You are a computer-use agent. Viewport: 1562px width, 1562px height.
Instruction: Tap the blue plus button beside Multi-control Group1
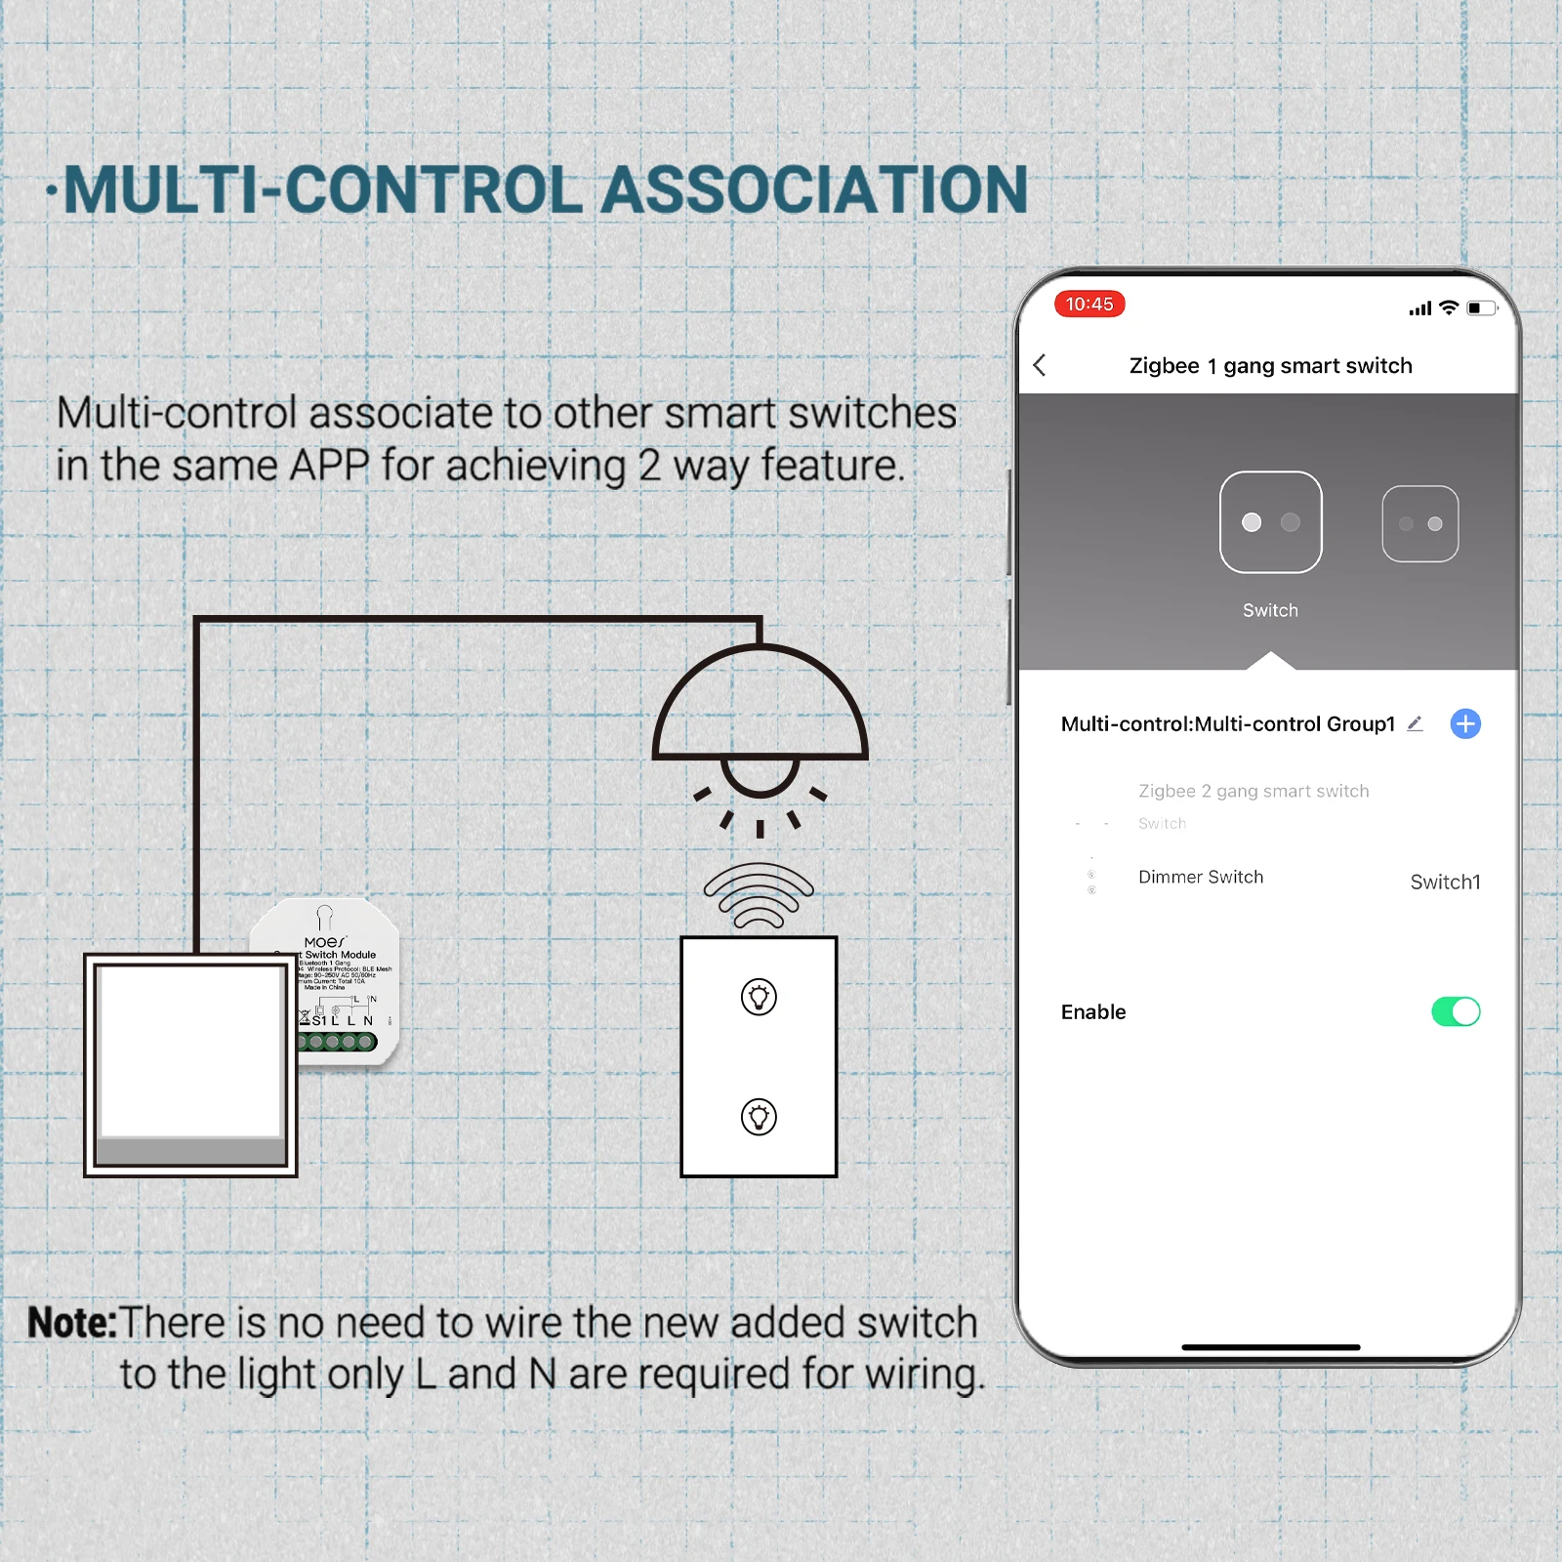[x=1464, y=723]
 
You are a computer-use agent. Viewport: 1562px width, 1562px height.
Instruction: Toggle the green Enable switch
[x=1456, y=1011]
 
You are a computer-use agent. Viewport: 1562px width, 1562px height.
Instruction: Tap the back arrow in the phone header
[x=1040, y=365]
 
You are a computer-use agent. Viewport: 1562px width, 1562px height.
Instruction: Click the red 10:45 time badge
[x=1089, y=304]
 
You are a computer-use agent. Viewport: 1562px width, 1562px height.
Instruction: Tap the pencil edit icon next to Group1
[x=1415, y=723]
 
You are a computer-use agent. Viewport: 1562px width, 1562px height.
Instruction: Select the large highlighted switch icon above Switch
[x=1270, y=522]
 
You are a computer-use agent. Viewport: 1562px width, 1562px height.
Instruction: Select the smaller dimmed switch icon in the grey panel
[x=1419, y=523]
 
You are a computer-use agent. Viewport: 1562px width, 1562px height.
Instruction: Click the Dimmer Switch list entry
[x=1200, y=877]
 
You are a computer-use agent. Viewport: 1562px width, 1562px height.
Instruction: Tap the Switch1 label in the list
[x=1445, y=882]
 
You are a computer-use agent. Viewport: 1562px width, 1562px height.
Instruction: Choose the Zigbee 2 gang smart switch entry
[x=1254, y=791]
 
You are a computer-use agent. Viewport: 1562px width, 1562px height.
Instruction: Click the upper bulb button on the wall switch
[x=759, y=997]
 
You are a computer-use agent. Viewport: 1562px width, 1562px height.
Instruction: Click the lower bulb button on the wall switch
[x=759, y=1117]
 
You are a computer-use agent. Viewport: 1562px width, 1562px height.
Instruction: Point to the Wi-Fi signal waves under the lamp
[x=759, y=894]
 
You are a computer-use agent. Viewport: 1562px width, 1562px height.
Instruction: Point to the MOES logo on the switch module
[x=325, y=942]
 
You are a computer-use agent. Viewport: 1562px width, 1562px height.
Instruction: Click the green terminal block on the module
[x=338, y=1042]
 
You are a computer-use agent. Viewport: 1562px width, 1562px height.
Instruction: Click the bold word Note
[x=71, y=1323]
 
